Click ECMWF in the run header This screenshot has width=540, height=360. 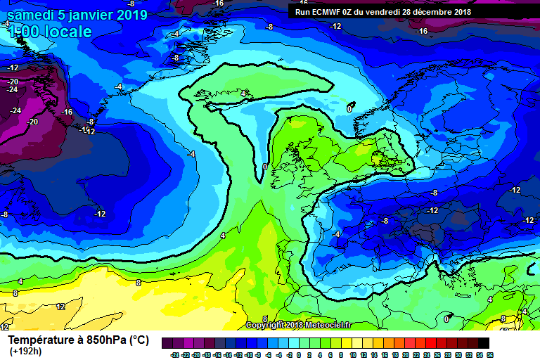[326, 12]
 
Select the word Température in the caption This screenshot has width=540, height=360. [41, 340]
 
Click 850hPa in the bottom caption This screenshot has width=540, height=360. [103, 340]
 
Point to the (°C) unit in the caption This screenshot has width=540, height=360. [138, 340]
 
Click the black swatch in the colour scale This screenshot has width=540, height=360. [484, 342]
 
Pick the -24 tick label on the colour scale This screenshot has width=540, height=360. [174, 354]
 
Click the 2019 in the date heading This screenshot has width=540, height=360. [131, 15]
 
